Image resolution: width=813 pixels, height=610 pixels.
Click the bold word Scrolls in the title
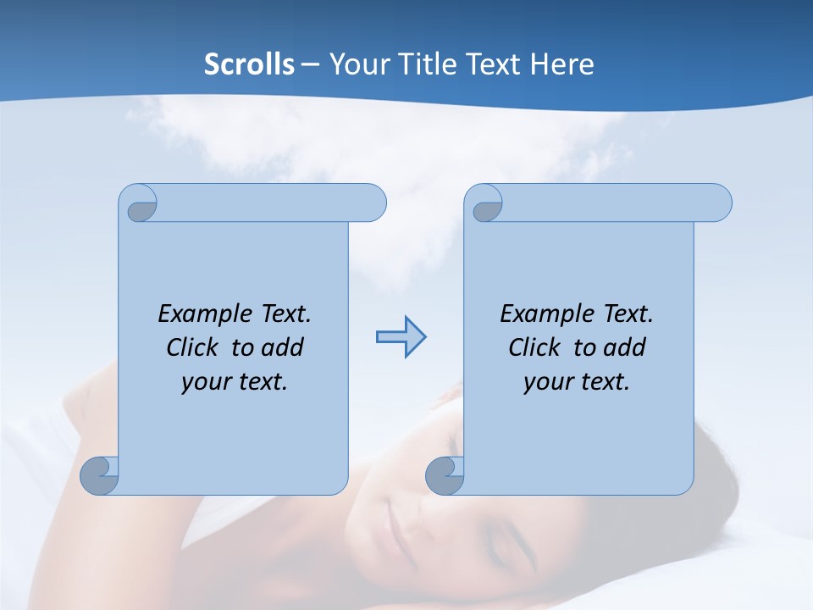(x=249, y=64)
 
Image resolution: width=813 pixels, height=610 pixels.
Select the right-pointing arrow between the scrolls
(x=401, y=337)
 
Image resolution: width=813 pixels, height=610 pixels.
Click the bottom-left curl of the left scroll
(x=99, y=474)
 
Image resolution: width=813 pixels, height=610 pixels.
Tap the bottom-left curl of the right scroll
(x=444, y=475)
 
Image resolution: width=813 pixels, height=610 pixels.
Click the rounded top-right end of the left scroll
(x=373, y=203)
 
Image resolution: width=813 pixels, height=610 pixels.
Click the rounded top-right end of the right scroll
(x=718, y=203)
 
